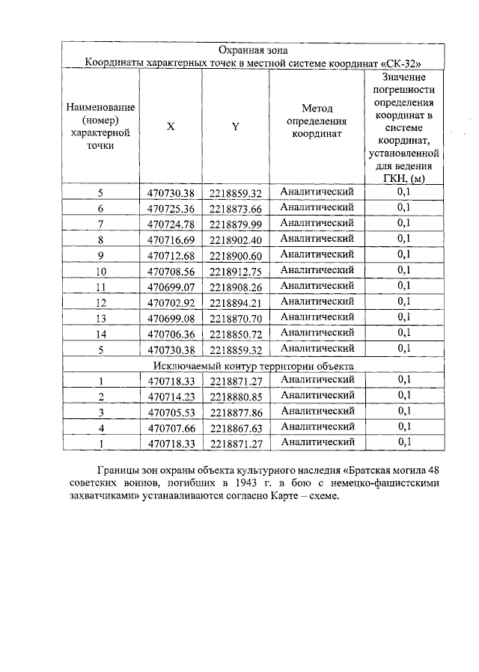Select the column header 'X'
171,127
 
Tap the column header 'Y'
235,127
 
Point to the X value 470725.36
171,209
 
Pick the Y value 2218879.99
235,224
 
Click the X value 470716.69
171,239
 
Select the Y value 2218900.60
235,255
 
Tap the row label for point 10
101,271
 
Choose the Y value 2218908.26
235,287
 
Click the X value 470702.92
171,302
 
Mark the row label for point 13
101,318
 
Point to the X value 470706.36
171,334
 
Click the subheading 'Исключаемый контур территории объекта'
253,365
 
